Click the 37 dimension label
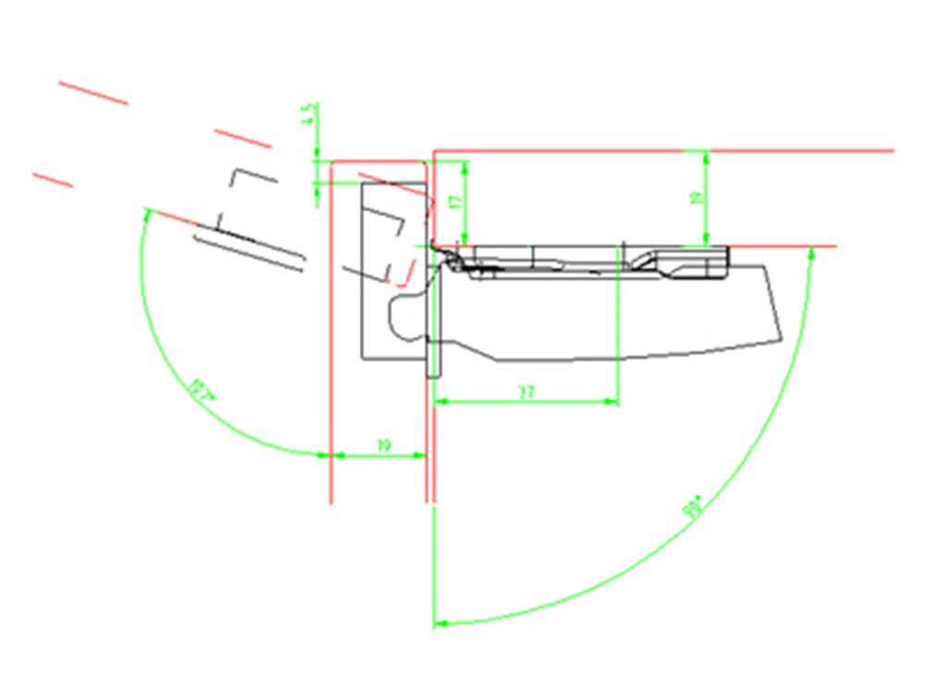tap(526, 392)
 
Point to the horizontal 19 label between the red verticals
tap(384, 446)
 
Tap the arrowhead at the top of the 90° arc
tap(810, 253)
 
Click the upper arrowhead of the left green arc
tap(146, 214)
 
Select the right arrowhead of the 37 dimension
tap(611, 402)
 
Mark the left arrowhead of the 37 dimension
tap(440, 402)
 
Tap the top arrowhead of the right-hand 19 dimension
tap(707, 155)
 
